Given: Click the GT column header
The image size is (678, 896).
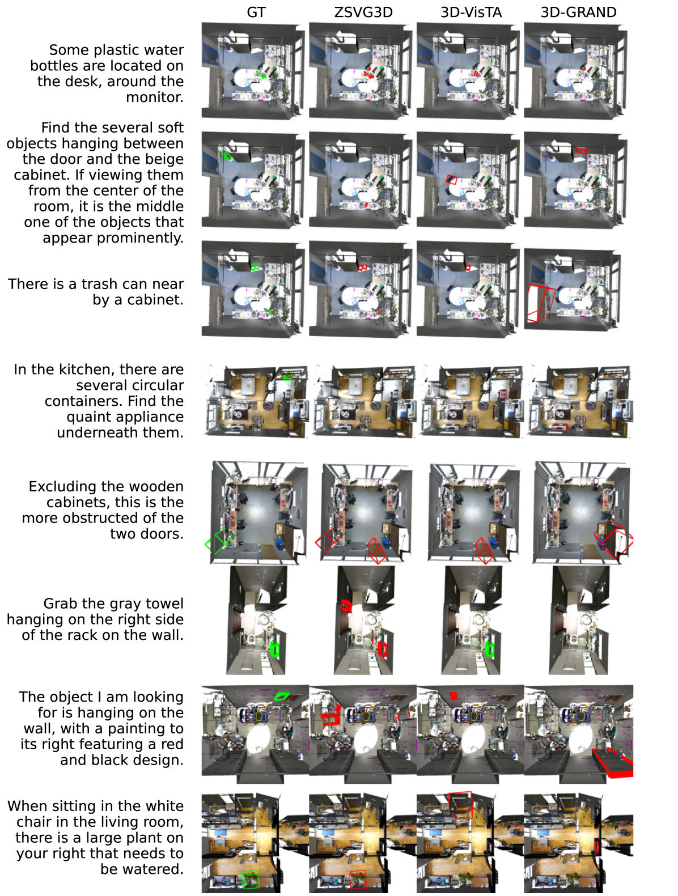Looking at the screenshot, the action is point(256,12).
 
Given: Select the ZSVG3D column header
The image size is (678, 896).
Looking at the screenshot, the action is point(363,12).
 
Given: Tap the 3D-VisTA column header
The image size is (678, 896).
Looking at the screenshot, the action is point(471,12).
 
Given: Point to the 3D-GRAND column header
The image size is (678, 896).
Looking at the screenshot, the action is point(578,12).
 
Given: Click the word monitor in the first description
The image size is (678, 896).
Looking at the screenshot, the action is point(154,97).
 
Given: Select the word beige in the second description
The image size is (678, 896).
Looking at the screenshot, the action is point(163,159).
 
